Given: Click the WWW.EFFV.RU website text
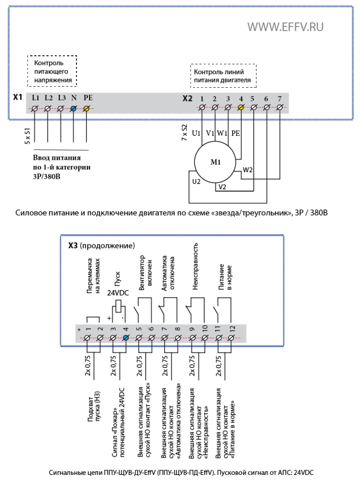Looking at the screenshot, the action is (285, 27).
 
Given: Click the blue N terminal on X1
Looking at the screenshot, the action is (73, 108).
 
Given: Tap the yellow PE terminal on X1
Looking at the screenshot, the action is (86, 108).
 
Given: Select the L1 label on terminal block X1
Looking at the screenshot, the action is (36, 98).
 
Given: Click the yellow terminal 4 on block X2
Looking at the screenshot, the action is (241, 107).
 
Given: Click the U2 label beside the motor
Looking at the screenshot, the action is (196, 182).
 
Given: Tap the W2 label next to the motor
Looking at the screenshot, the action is (248, 170).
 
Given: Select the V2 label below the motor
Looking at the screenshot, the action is (222, 187).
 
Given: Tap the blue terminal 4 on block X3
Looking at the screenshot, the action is (126, 338).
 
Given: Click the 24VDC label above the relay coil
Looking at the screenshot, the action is (118, 292).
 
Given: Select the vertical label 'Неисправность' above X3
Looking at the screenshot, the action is (195, 266).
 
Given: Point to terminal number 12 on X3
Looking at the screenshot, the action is (233, 329).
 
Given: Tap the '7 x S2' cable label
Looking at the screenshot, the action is (184, 133).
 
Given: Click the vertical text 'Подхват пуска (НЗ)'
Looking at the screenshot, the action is (94, 407).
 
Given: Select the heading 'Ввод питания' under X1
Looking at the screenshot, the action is (57, 158).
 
